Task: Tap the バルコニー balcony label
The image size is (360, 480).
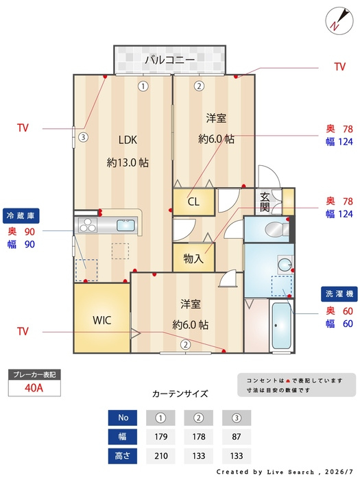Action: (x=169, y=60)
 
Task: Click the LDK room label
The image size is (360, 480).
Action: (x=128, y=140)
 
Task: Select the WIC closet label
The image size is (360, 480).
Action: (x=102, y=320)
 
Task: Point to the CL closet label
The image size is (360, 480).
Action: (x=193, y=202)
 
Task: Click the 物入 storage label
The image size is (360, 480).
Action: (x=193, y=259)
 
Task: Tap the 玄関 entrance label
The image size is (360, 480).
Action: (x=265, y=202)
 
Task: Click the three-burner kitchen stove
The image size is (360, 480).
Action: (x=88, y=225)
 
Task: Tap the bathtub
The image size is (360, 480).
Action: (x=281, y=326)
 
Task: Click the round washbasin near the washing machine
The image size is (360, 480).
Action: (x=285, y=264)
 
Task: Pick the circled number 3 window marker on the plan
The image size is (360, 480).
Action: (x=83, y=137)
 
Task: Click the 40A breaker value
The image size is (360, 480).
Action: (x=34, y=388)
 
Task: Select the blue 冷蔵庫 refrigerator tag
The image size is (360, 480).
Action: (x=21, y=216)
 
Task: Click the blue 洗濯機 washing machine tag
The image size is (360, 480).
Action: (x=339, y=294)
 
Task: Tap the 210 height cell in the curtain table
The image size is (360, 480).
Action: (x=160, y=456)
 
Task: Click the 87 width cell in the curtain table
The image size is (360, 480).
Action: (x=237, y=437)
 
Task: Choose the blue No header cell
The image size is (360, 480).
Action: (x=123, y=418)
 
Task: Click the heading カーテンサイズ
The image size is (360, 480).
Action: (x=180, y=394)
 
